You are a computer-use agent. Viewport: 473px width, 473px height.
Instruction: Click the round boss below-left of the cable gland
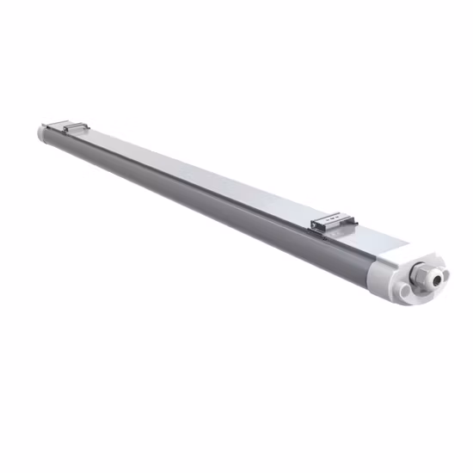pos(404,292)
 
